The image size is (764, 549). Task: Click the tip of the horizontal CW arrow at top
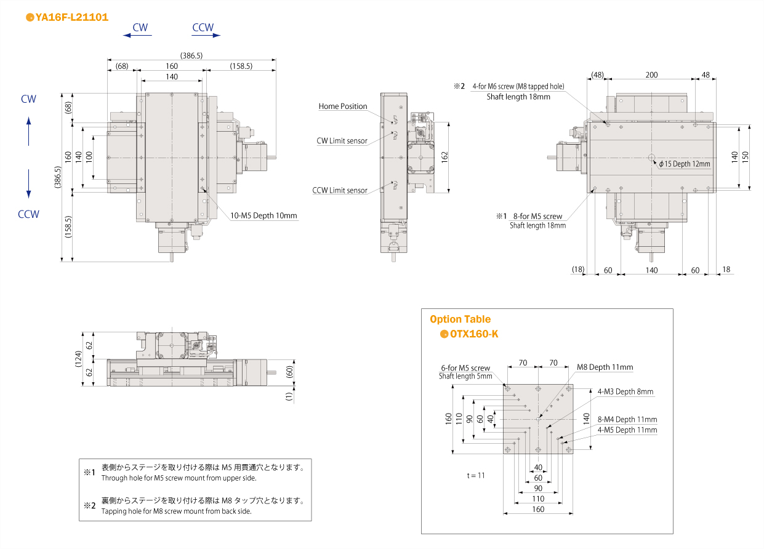click(x=124, y=36)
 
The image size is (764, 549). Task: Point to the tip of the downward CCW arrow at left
click(x=29, y=198)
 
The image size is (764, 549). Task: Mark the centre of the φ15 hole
click(x=651, y=158)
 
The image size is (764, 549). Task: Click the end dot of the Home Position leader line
click(x=392, y=122)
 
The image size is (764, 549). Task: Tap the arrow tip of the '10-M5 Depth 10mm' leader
click(x=203, y=188)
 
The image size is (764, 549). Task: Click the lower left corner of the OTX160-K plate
click(x=504, y=454)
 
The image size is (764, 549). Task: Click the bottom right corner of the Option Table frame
click(x=673, y=534)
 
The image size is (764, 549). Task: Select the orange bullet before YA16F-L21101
click(x=30, y=17)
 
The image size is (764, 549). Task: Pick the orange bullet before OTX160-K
click(x=444, y=334)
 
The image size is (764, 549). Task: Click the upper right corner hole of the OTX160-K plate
click(x=569, y=389)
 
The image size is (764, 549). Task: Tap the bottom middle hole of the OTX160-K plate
click(x=538, y=450)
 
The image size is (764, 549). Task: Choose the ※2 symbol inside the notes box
click(x=90, y=505)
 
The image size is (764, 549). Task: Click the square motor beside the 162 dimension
click(x=421, y=158)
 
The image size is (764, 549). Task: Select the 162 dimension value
click(x=444, y=157)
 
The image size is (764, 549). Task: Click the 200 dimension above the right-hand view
click(x=651, y=74)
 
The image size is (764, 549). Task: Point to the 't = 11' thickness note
click(x=476, y=475)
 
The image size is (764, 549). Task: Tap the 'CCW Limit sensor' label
click(x=340, y=190)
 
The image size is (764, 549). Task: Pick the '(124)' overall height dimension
click(x=78, y=359)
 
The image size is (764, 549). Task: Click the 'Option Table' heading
click(x=460, y=319)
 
